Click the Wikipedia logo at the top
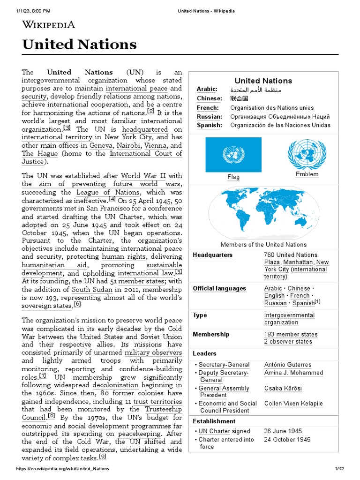pos(48,24)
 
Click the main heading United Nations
pos(79,45)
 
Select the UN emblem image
pos(307,154)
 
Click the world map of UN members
pos(263,212)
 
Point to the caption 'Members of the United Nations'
pos(263,245)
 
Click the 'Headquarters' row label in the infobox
pos(212,255)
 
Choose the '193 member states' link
pos(291,334)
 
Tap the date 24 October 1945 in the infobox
pos(287,440)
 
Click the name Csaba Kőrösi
pos(283,388)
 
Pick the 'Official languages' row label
pos(219,289)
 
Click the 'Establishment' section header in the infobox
pos(214,421)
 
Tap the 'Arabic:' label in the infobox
pos(207,89)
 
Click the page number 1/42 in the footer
pos(339,469)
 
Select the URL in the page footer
pos(62,469)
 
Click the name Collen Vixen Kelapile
pos(293,404)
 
